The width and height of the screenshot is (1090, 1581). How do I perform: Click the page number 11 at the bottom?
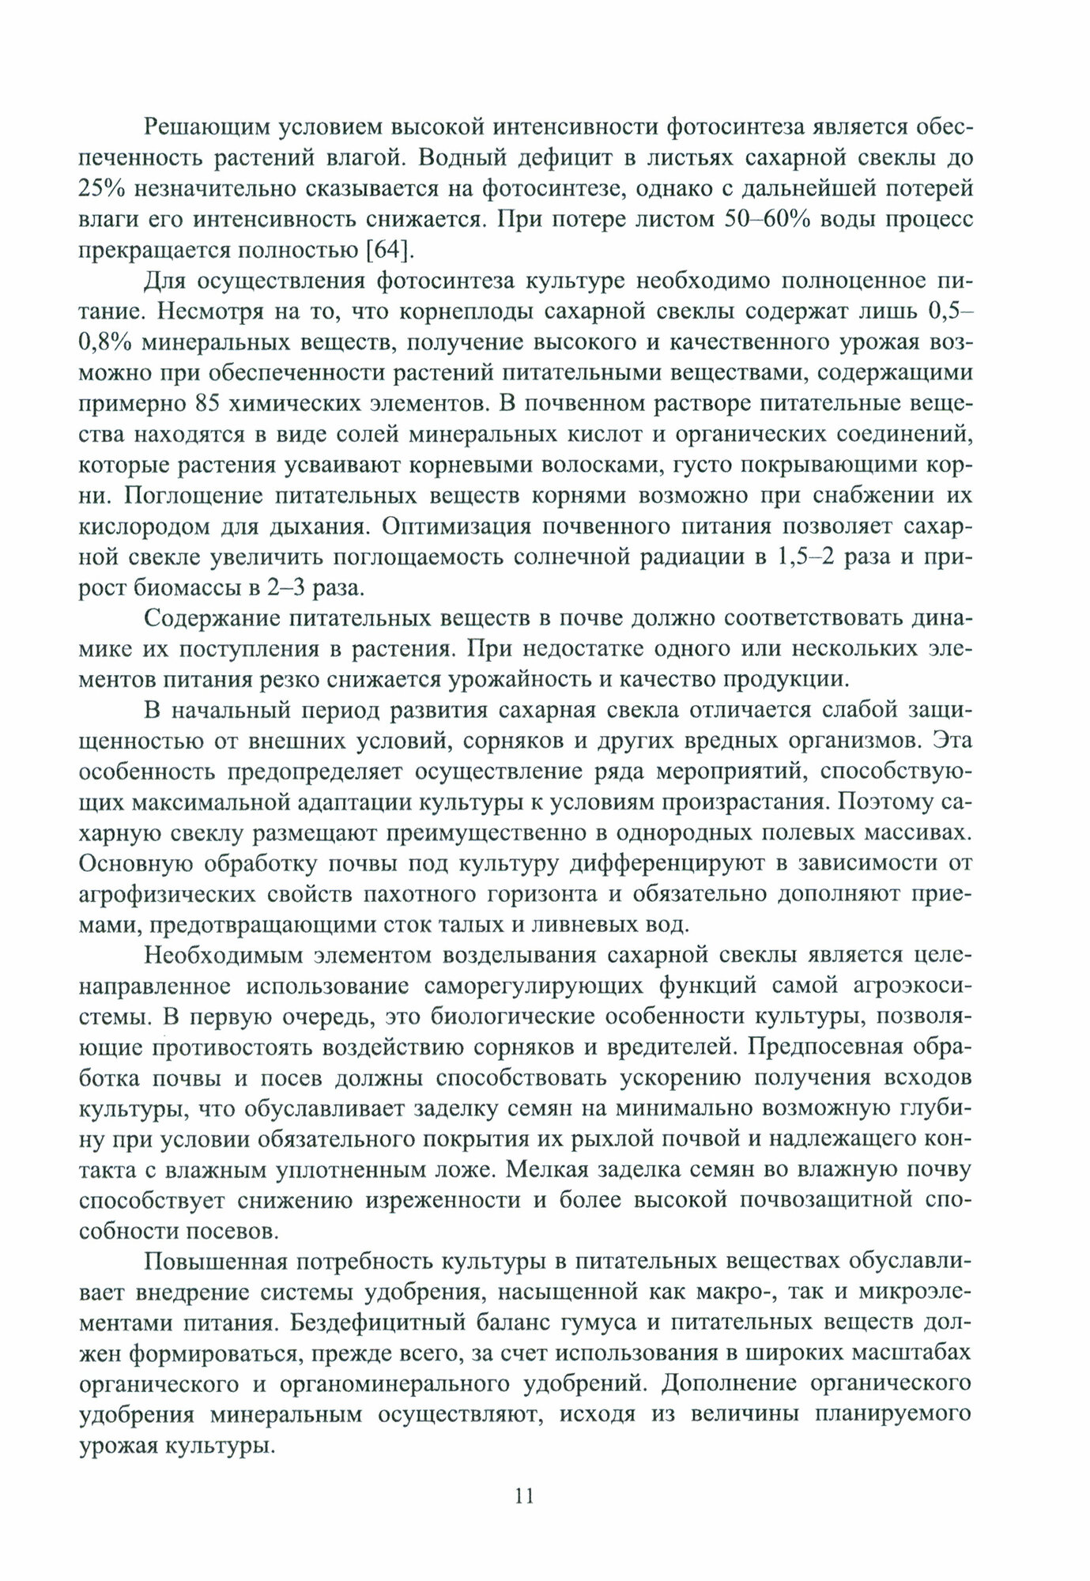[x=525, y=1497]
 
